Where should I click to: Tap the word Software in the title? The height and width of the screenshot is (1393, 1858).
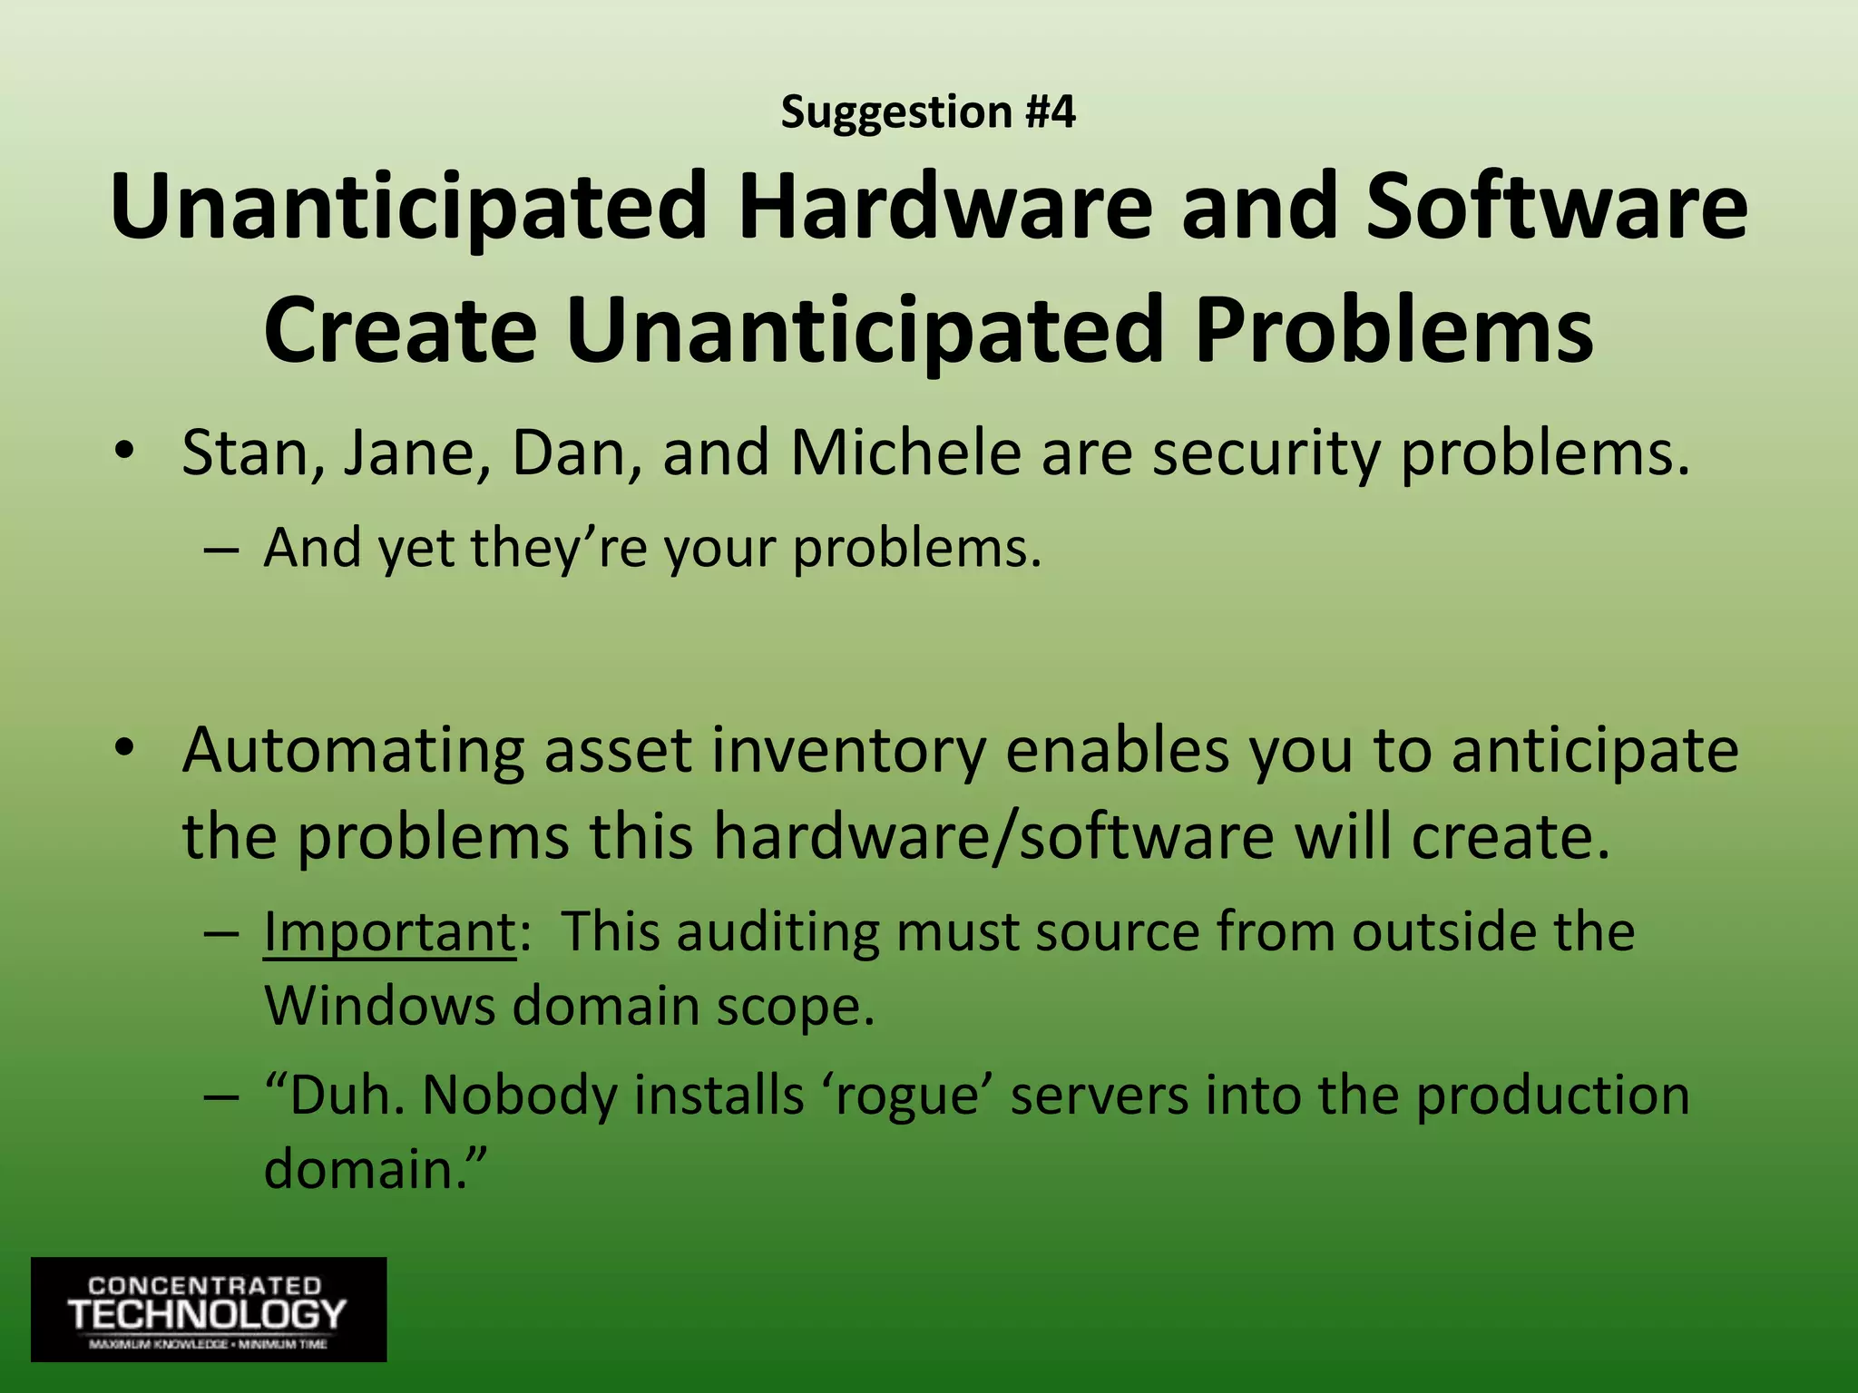(1557, 207)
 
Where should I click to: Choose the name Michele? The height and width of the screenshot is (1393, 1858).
(906, 453)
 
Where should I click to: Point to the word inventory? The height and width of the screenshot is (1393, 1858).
(848, 751)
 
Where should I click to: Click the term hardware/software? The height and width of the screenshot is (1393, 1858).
(993, 836)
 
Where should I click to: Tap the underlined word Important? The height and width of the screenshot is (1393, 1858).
(389, 931)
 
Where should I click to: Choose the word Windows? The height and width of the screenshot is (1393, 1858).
(379, 1006)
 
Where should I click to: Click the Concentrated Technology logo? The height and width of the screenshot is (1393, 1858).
(209, 1309)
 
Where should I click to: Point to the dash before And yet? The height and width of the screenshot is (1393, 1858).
(221, 550)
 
